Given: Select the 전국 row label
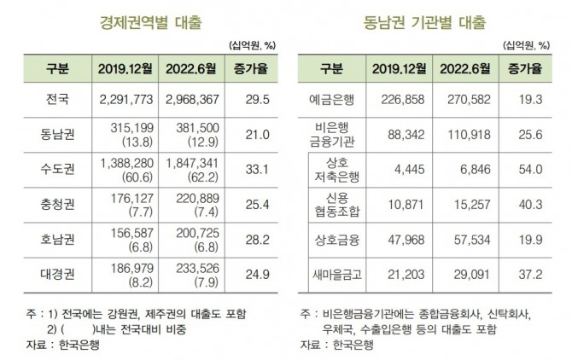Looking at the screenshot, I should (60, 100).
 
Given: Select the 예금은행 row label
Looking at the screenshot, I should (332, 100).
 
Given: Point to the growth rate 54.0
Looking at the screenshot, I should (531, 169).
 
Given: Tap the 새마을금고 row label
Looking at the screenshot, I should (332, 273).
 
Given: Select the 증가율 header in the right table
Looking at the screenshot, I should (531, 67).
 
